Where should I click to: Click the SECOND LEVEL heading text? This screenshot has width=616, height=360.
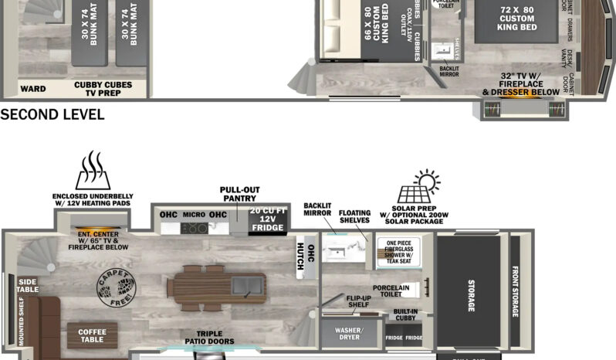click(52, 115)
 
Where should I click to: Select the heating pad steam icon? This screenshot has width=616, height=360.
click(93, 170)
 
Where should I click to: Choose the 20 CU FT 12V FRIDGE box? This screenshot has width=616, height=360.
click(266, 219)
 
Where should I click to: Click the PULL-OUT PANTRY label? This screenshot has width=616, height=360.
click(239, 194)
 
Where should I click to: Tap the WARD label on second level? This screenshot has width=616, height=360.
click(33, 89)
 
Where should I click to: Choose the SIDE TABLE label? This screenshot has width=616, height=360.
click(27, 286)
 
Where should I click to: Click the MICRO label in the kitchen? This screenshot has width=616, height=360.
click(193, 214)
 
